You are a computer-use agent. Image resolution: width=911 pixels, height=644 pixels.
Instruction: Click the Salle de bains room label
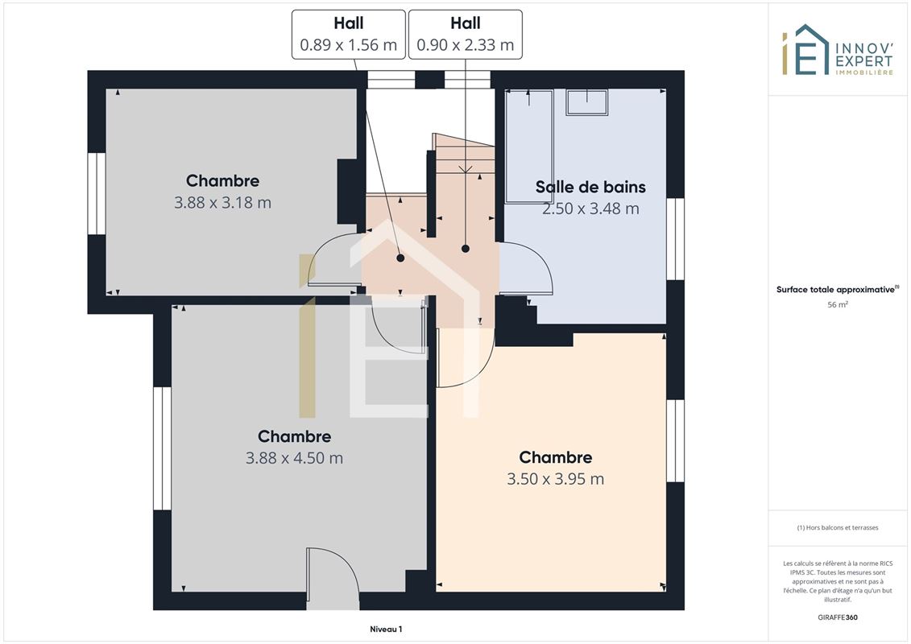[x=590, y=187]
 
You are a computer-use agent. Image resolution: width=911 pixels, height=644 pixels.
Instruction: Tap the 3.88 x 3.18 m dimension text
[x=222, y=203]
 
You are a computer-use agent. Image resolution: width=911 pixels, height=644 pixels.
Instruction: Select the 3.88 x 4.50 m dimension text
[x=294, y=458]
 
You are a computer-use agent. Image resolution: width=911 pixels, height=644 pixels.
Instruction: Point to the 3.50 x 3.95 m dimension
[x=556, y=479]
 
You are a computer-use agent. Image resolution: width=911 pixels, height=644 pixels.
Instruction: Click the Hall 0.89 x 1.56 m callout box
[x=349, y=35]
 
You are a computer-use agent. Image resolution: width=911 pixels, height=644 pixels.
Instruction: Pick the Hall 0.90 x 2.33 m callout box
[x=466, y=35]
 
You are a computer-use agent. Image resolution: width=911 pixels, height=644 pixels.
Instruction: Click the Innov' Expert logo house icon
[x=805, y=50]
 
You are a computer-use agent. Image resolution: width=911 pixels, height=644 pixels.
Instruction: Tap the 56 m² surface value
[x=837, y=304]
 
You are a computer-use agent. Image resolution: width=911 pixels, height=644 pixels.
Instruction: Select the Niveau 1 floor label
[x=386, y=629]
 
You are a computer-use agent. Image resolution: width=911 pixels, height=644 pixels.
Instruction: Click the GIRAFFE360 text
[x=837, y=617]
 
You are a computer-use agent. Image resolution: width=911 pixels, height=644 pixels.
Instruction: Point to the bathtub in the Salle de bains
[x=528, y=146]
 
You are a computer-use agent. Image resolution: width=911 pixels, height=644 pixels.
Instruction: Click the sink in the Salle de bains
[x=587, y=102]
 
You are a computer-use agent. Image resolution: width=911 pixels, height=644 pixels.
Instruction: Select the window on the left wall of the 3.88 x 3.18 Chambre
[x=97, y=193]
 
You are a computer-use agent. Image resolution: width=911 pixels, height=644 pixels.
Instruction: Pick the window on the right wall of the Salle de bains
[x=675, y=239]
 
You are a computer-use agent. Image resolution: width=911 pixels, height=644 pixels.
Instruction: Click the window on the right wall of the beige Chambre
[x=675, y=441]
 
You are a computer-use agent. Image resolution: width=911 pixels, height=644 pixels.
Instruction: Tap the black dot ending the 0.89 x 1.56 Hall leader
[x=400, y=258]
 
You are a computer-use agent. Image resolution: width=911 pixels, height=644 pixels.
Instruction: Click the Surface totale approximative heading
[x=837, y=289]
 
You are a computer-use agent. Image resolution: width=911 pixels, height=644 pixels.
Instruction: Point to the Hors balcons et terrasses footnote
[x=837, y=528]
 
